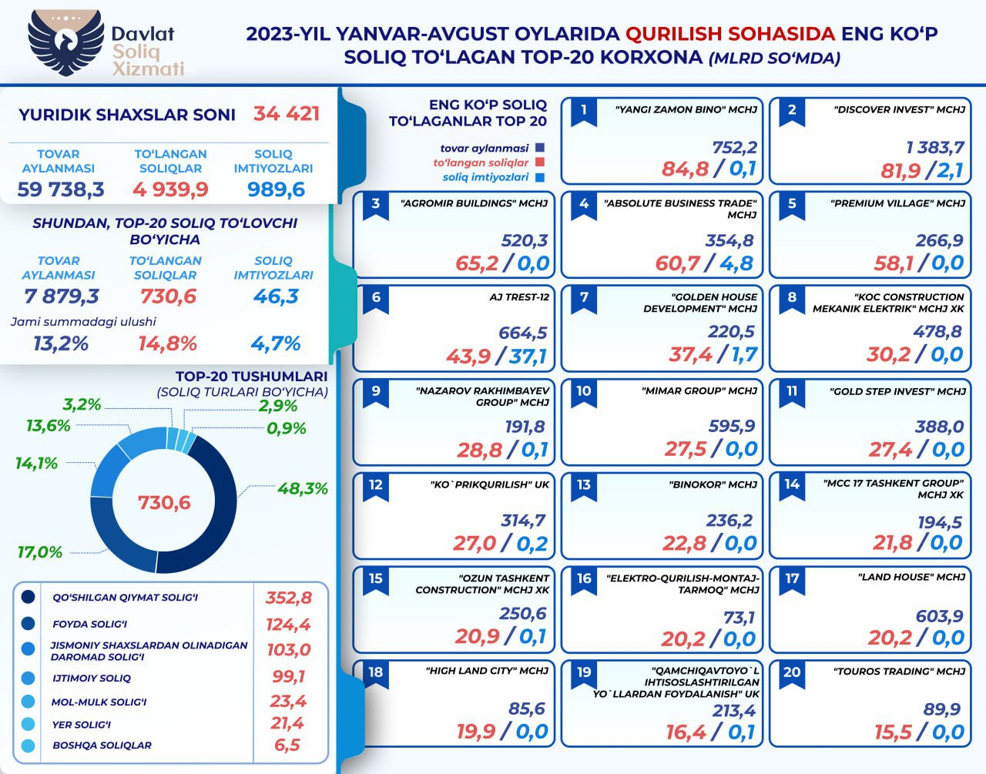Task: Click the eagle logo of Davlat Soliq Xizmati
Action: click(65, 42)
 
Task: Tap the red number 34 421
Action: click(287, 114)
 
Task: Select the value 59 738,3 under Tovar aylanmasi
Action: click(61, 189)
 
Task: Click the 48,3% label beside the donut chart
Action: click(303, 488)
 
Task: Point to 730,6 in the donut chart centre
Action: click(164, 502)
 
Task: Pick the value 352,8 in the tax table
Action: click(289, 598)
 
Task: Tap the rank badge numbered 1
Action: click(584, 110)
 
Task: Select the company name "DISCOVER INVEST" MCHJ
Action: click(899, 110)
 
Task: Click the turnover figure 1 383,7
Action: click(935, 147)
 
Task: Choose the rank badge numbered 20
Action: click(792, 672)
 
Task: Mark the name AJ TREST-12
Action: click(519, 297)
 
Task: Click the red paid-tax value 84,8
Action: click(685, 169)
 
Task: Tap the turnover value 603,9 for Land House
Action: click(940, 616)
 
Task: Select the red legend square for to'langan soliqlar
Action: click(540, 163)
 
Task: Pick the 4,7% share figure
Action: click(276, 343)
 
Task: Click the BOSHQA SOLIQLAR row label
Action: click(102, 746)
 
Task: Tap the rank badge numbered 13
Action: click(584, 485)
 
